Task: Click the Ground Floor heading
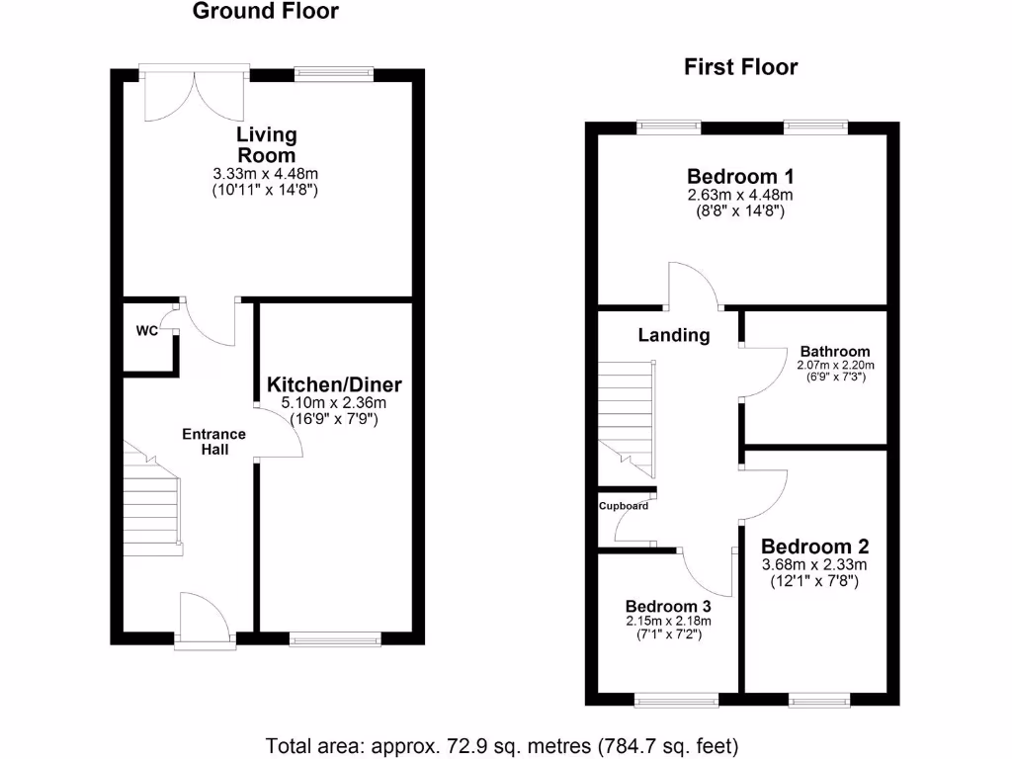coord(265,12)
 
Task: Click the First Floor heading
coord(740,67)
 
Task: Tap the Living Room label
coord(266,144)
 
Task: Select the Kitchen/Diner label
coord(334,384)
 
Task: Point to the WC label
coord(146,332)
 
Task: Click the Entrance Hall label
coord(213,442)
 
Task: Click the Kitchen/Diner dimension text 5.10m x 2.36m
coord(334,403)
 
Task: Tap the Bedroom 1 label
coord(740,177)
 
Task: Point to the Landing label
coord(673,335)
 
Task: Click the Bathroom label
coord(835,351)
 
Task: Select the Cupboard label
coord(624,506)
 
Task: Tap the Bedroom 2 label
coord(814,547)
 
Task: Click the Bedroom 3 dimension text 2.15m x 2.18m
coord(668,621)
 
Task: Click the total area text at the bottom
coord(502,744)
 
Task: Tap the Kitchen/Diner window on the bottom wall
coord(337,639)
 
